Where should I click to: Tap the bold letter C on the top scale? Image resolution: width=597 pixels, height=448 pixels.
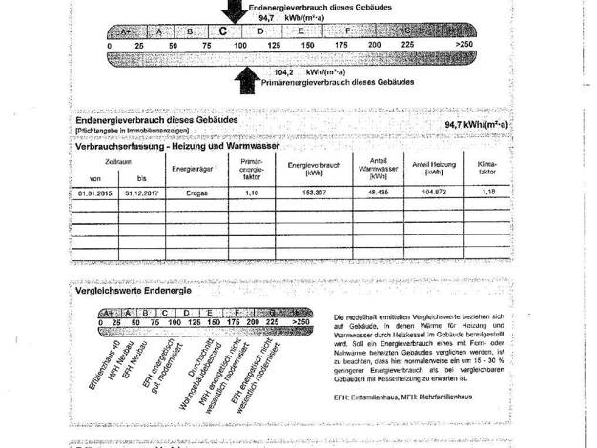(x=222, y=31)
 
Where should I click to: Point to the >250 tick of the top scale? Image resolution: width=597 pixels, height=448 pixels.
(x=465, y=45)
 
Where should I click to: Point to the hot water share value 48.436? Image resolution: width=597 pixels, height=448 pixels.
(x=376, y=192)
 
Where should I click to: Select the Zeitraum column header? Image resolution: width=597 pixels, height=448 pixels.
(x=118, y=162)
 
